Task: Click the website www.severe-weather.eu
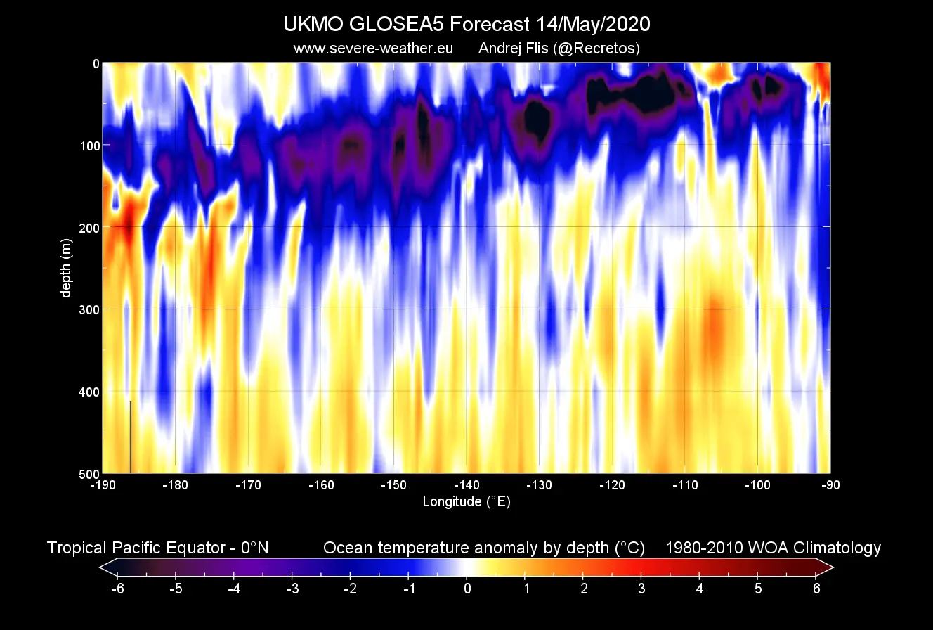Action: (x=372, y=49)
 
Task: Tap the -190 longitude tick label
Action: (x=103, y=485)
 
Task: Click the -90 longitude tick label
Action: (x=830, y=485)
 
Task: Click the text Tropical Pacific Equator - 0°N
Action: (x=157, y=548)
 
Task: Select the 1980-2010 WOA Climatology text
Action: (x=773, y=548)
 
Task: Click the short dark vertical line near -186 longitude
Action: (x=131, y=437)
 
